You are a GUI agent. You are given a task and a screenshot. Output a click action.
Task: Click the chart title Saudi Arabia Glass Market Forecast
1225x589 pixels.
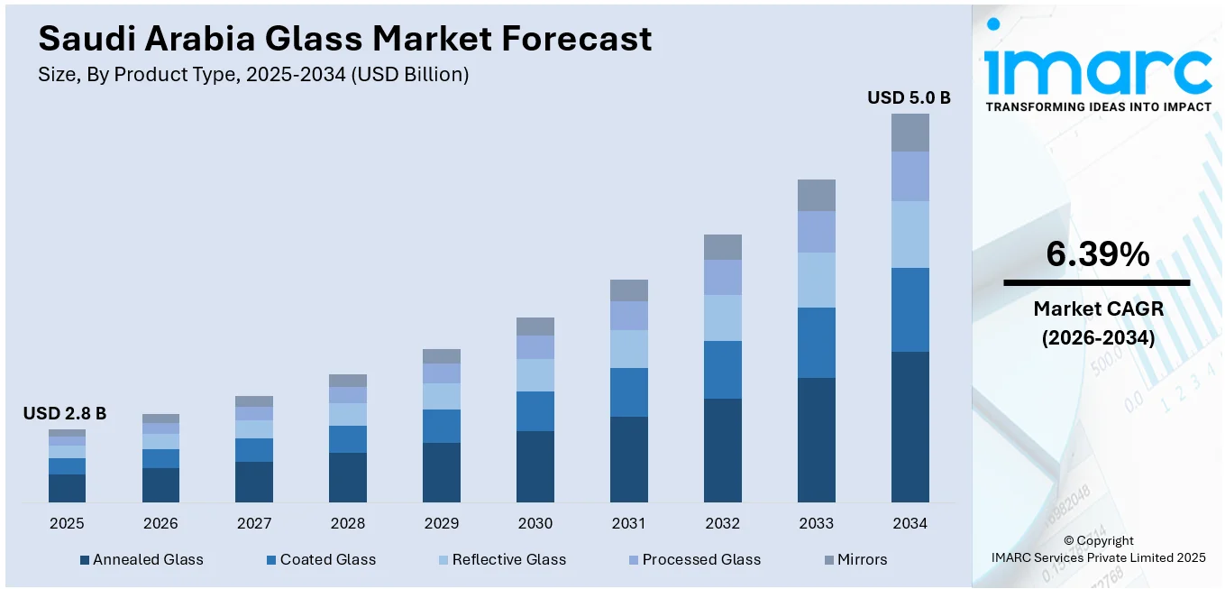click(344, 39)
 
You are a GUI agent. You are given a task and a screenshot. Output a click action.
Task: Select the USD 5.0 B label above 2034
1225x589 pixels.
click(909, 97)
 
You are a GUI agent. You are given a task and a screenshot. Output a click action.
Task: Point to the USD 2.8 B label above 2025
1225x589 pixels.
click(65, 414)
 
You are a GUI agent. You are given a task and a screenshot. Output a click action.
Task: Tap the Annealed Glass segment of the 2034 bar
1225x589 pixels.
click(910, 427)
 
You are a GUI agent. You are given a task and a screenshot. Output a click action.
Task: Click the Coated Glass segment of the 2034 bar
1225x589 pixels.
click(910, 309)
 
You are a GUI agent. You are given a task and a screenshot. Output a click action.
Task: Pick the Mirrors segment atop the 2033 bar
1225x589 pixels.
click(816, 195)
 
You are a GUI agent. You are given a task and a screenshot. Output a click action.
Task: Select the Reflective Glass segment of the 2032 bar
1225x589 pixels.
click(722, 318)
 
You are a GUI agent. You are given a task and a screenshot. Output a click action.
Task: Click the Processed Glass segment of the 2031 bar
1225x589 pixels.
click(628, 316)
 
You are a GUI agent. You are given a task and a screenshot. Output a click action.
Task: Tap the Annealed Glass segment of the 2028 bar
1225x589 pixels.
click(347, 477)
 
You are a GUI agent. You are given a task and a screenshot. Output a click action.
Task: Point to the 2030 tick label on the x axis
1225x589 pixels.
click(535, 523)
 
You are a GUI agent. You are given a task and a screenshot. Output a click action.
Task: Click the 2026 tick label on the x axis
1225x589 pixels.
click(160, 523)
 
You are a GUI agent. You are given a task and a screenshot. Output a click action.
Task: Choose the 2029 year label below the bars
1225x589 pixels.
click(441, 523)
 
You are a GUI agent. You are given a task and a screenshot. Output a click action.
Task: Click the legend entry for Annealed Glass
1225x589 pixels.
click(142, 559)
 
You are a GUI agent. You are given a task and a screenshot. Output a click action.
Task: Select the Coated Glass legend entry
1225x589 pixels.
click(321, 559)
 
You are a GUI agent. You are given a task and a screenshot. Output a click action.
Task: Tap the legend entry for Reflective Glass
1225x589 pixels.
click(501, 559)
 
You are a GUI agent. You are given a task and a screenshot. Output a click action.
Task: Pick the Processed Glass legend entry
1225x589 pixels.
click(693, 559)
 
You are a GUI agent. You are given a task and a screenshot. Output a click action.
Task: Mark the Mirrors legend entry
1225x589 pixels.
click(855, 559)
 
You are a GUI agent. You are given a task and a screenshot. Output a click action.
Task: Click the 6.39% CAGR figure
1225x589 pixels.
click(1097, 255)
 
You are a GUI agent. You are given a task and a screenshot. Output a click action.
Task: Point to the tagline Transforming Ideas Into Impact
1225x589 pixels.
click(1098, 106)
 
